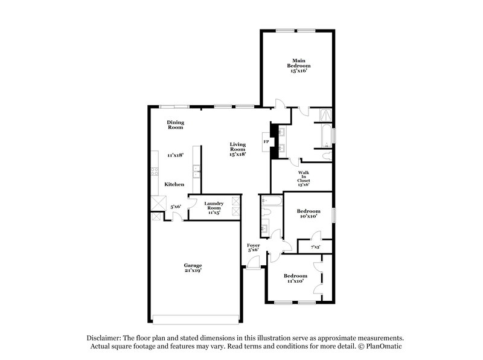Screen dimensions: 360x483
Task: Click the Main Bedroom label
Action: coord(298,63)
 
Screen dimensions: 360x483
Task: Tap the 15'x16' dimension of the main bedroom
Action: coord(298,71)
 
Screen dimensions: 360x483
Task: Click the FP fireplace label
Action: coord(266,142)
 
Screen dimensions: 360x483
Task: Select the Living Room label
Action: coord(238,147)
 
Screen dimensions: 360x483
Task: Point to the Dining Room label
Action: coord(175,125)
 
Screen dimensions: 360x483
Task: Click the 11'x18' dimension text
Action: coord(175,155)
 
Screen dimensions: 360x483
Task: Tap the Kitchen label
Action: coord(174,184)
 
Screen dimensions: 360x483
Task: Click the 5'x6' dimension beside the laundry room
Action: coord(176,207)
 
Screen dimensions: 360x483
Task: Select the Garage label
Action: coord(193,265)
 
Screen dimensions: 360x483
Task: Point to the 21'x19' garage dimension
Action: coord(193,271)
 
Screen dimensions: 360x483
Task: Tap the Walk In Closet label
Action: coord(304,176)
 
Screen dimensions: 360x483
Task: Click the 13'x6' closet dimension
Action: coord(304,185)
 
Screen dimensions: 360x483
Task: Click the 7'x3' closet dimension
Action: coord(315,246)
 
